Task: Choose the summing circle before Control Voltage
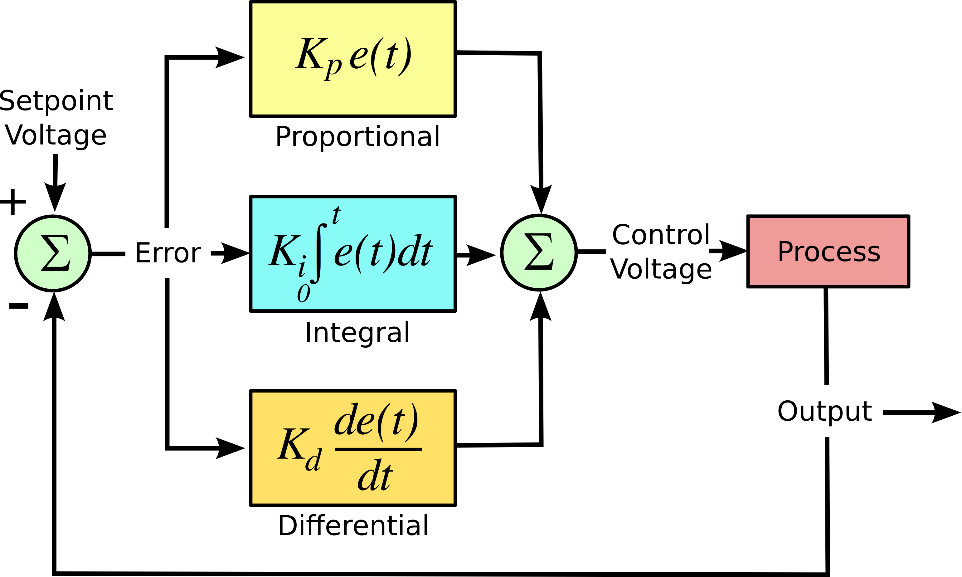539,252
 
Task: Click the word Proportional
357,137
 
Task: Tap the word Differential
353,526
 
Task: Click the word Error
168,253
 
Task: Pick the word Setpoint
56,101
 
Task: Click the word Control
660,235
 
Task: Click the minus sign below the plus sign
19,306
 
